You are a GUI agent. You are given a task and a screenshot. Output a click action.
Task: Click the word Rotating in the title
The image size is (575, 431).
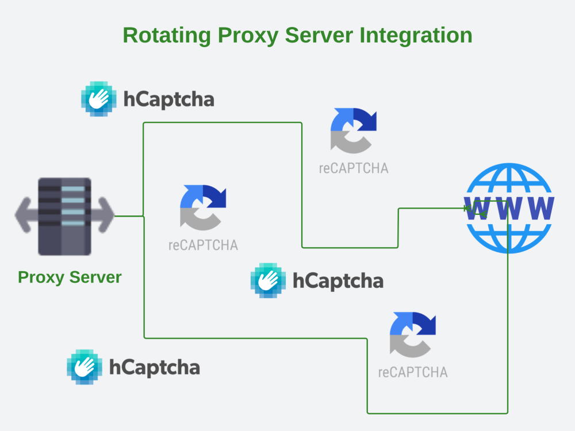[167, 35]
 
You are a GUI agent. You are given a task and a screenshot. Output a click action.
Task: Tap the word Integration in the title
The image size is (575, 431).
[416, 36]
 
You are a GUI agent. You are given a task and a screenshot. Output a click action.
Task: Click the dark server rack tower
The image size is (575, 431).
[64, 216]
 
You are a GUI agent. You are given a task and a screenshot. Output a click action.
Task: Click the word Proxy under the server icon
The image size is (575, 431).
[41, 278]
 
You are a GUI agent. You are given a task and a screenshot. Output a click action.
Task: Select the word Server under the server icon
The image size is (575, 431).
[95, 277]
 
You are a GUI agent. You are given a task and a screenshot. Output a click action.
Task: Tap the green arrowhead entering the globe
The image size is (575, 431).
[468, 209]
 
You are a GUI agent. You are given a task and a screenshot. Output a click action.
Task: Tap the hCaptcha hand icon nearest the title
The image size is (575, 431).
[99, 99]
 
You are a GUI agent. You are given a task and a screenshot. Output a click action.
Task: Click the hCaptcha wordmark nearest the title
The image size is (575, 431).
[168, 99]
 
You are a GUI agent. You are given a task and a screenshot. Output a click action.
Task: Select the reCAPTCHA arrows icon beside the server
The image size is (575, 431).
[203, 207]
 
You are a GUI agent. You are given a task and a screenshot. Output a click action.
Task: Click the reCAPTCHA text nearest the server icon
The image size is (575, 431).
[203, 245]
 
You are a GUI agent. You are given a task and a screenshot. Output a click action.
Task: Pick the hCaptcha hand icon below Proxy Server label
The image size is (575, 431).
[85, 367]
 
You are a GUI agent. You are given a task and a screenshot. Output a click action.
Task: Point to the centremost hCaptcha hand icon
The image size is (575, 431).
[268, 280]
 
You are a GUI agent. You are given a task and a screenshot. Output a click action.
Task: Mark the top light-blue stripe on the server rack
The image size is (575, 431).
[73, 188]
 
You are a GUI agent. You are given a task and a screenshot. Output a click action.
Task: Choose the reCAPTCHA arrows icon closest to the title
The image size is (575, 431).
[353, 130]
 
